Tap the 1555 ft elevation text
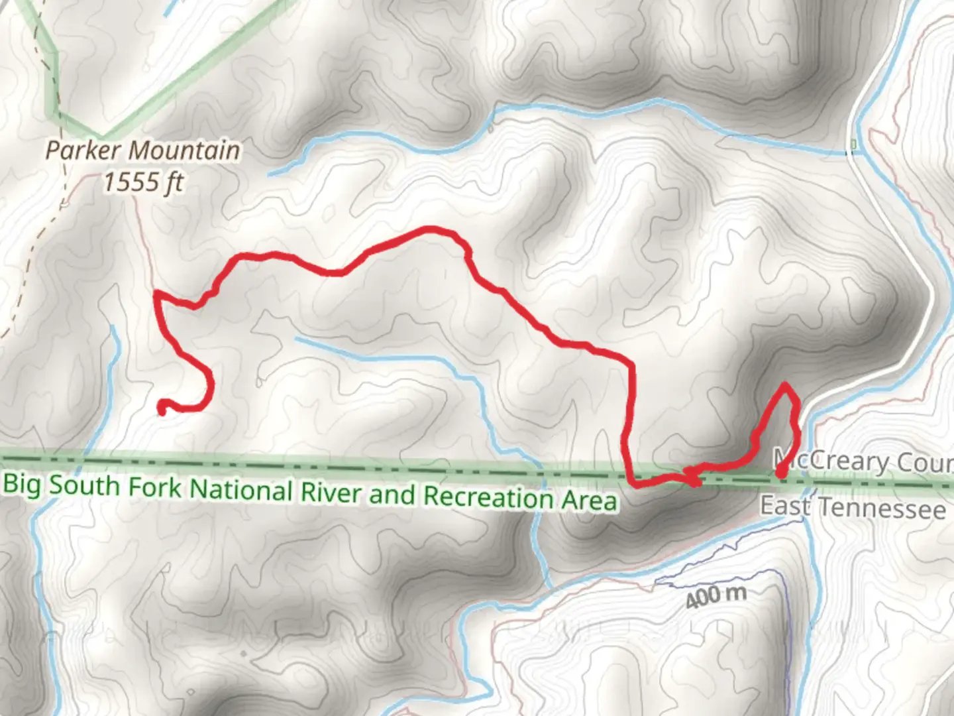coord(142,181)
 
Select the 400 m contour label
coord(715,596)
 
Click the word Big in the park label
coord(23,484)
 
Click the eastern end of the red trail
coord(780,473)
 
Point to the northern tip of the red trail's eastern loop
coord(786,385)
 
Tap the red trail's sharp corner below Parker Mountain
coord(156,294)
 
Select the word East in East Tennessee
coord(784,506)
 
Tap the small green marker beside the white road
coord(853,144)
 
